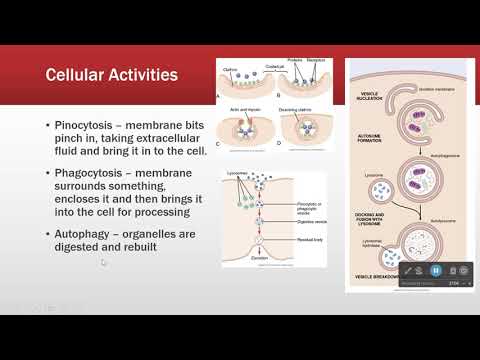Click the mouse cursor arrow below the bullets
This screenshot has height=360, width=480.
[103, 262]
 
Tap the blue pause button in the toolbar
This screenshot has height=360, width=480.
[436, 270]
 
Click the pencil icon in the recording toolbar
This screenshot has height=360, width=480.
[408, 270]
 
